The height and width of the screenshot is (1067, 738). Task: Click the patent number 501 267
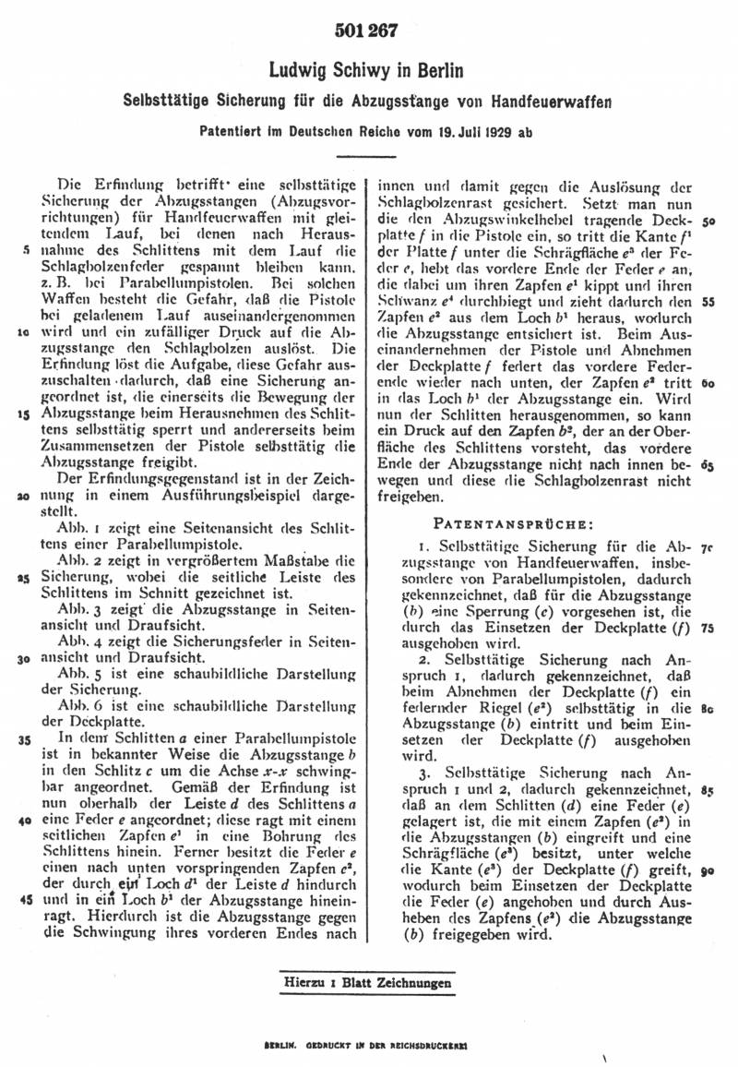point(368,31)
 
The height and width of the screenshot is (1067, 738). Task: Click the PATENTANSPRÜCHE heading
point(515,522)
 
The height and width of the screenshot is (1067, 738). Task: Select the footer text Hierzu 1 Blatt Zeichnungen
point(368,982)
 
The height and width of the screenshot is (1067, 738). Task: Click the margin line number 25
point(24,579)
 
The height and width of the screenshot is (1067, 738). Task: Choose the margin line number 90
point(708,870)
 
